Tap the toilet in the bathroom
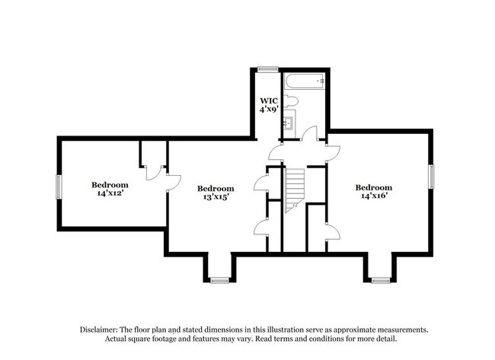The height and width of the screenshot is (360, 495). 292,100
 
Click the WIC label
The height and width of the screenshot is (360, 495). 268,100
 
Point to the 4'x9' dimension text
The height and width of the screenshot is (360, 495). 268,110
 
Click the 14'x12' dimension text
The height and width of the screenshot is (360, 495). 110,193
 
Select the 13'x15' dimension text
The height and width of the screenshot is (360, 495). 216,197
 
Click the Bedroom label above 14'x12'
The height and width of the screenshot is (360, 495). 110,184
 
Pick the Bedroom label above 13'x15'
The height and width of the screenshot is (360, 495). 216,189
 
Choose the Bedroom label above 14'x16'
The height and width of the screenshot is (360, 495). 374,188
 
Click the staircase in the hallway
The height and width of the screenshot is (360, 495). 295,190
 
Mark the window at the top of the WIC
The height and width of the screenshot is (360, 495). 267,69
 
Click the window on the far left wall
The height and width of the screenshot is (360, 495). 59,186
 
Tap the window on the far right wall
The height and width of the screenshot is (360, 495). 432,177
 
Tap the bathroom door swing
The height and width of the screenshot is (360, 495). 309,135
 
